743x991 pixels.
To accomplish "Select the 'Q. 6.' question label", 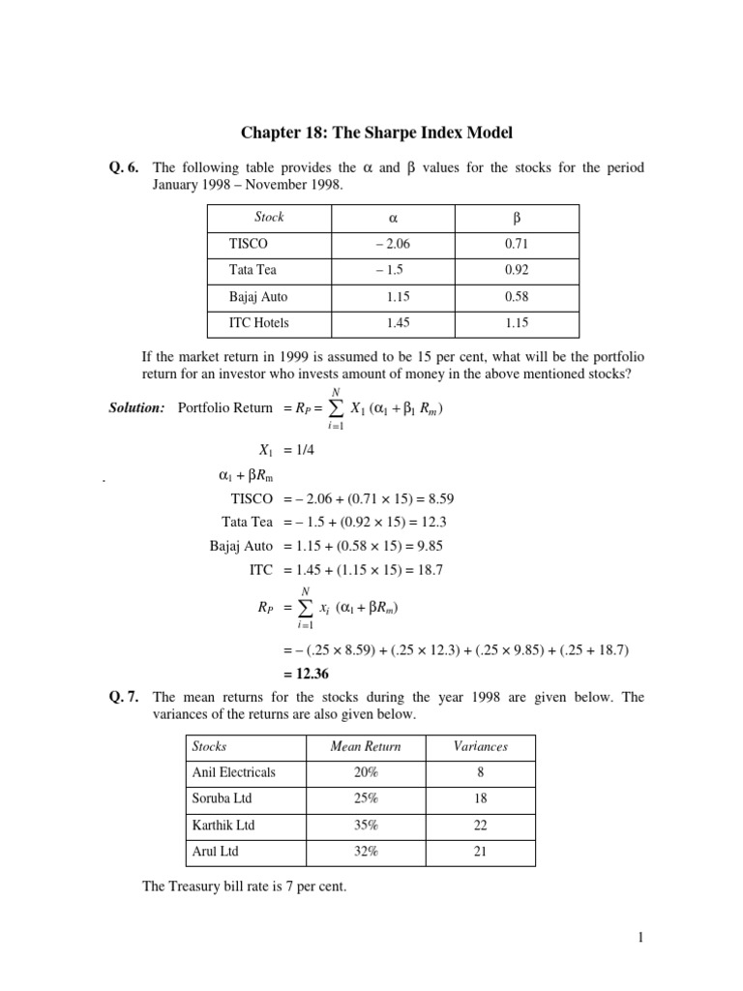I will point(125,168).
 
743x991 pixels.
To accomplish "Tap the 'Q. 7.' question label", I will point(125,697).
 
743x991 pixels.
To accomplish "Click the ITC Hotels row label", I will point(259,323).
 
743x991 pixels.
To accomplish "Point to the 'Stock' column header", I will point(269,218).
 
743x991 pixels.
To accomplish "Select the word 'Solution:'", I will point(136,407).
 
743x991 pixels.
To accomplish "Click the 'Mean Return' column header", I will point(365,746).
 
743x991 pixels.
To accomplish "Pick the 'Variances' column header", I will point(481,746).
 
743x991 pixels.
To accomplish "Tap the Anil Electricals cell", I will point(233,772).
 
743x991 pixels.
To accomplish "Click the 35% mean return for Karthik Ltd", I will point(366,826).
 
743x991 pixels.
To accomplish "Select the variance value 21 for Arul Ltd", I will point(481,852).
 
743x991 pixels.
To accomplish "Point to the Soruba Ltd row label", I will point(223,798).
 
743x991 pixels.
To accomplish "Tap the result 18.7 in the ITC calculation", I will point(427,570).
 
